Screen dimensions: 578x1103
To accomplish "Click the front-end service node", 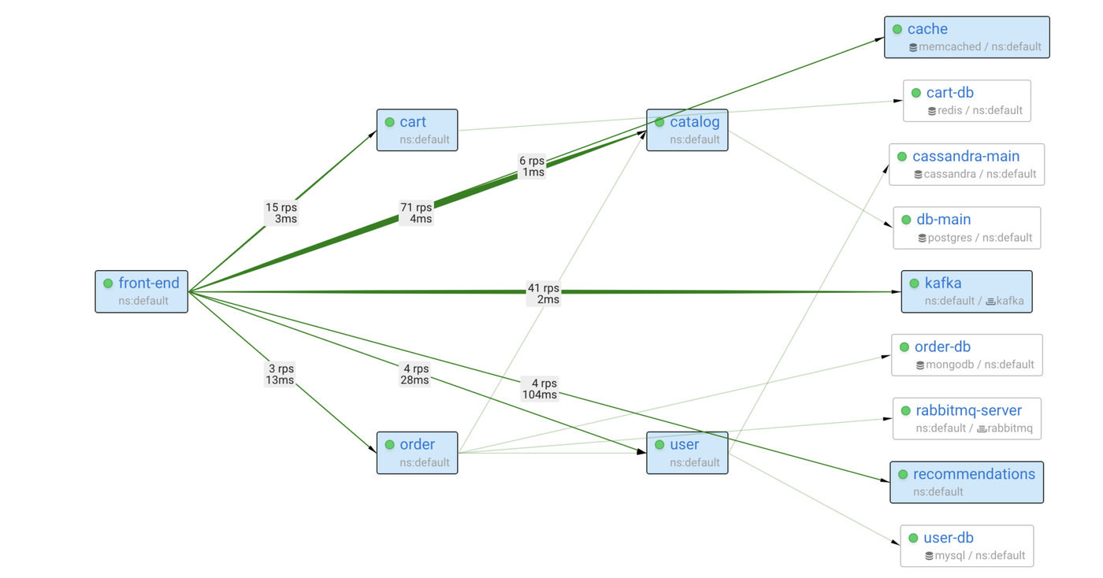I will coord(142,291).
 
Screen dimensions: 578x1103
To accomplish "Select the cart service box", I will coord(417,130).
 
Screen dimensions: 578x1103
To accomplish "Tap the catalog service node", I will coord(687,130).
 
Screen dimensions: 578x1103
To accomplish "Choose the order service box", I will coord(417,453).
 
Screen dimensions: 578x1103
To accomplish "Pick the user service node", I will coord(687,453).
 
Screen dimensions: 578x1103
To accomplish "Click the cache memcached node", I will coord(967,37).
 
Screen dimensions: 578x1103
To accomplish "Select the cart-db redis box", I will coord(967,101).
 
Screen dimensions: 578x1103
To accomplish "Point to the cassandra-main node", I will coord(967,165).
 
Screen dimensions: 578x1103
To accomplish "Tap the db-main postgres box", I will coord(967,228).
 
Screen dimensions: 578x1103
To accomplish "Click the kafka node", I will coord(967,291).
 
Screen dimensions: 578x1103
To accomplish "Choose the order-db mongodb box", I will coord(967,354).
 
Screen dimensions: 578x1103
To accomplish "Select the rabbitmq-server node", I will coord(967,418).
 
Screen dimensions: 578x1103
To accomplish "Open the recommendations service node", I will coord(967,482).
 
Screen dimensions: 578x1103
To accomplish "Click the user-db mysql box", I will coord(967,546).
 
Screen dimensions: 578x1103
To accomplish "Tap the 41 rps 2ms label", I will coord(544,293).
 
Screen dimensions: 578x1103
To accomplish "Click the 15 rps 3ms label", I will coord(281,213).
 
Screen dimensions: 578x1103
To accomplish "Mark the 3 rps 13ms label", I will coord(280,374).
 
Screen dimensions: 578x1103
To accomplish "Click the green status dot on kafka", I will coord(914,283).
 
